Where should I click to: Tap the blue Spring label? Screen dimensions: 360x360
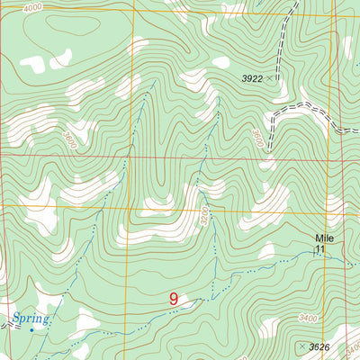[31, 318]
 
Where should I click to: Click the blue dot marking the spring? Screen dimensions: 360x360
[31, 329]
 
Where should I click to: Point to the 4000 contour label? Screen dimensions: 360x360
[33, 7]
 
